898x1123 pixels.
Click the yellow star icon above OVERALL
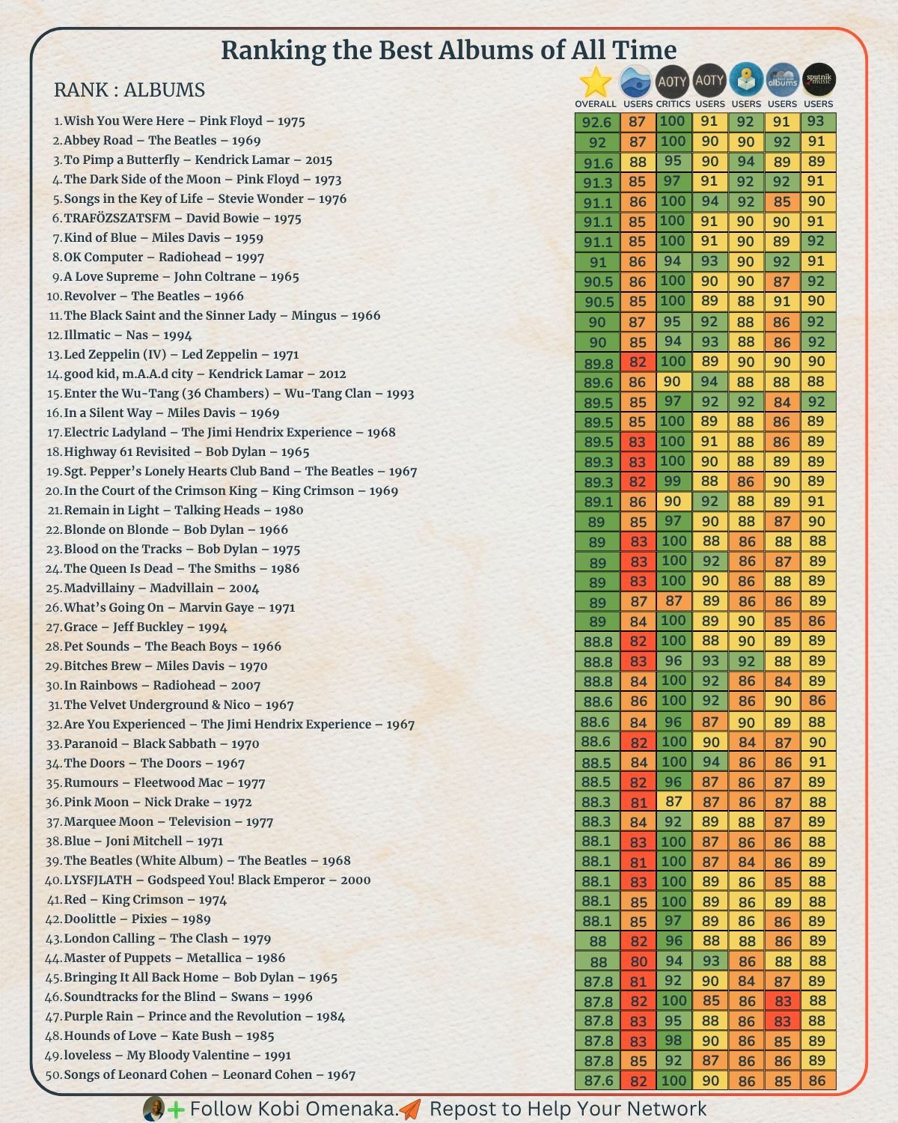point(596,82)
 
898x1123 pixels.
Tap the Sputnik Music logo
point(819,80)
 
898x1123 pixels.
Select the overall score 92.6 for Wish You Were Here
point(597,122)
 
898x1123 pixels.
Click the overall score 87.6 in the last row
point(598,1080)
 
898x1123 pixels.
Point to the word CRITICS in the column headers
point(673,104)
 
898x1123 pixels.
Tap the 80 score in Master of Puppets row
point(638,961)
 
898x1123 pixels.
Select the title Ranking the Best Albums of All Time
point(449,51)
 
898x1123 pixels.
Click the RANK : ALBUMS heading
point(129,90)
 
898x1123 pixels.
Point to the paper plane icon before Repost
point(410,1108)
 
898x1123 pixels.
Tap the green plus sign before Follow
point(177,1110)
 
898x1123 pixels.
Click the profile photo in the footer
point(153,1108)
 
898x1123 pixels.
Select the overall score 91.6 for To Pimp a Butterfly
point(598,162)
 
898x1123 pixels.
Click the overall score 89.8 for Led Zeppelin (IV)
point(598,362)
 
